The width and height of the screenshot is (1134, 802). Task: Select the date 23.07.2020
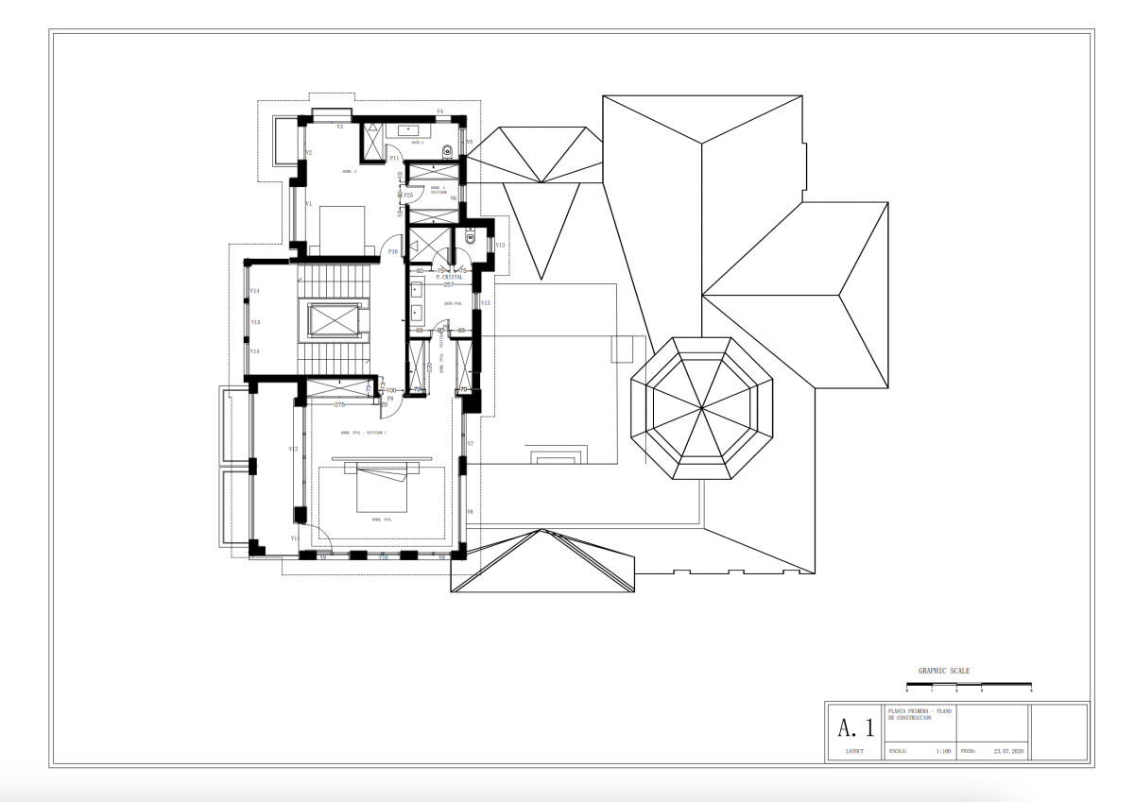(1008, 753)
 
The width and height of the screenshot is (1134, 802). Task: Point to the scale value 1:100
(942, 753)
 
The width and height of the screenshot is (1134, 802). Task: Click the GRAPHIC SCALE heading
(943, 671)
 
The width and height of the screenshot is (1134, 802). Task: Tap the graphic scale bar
(969, 684)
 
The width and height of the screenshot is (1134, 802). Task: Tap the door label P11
(394, 159)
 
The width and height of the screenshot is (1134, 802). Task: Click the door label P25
(408, 195)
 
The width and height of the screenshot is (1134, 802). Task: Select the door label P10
(393, 251)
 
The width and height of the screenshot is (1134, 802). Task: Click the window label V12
(293, 449)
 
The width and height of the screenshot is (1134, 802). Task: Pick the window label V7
(470, 443)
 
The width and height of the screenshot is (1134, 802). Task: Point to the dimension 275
(339, 404)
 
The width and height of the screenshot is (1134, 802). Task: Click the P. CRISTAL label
(450, 278)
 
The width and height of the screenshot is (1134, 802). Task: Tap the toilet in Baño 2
(447, 151)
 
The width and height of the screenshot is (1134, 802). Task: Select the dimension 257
(449, 284)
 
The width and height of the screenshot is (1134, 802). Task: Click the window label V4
(439, 112)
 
